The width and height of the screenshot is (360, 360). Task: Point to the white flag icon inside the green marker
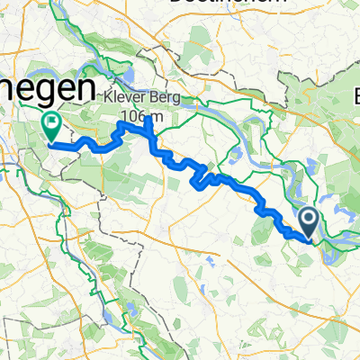coord(49,122)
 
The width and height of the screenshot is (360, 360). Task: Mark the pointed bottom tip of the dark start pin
coord(307,240)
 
